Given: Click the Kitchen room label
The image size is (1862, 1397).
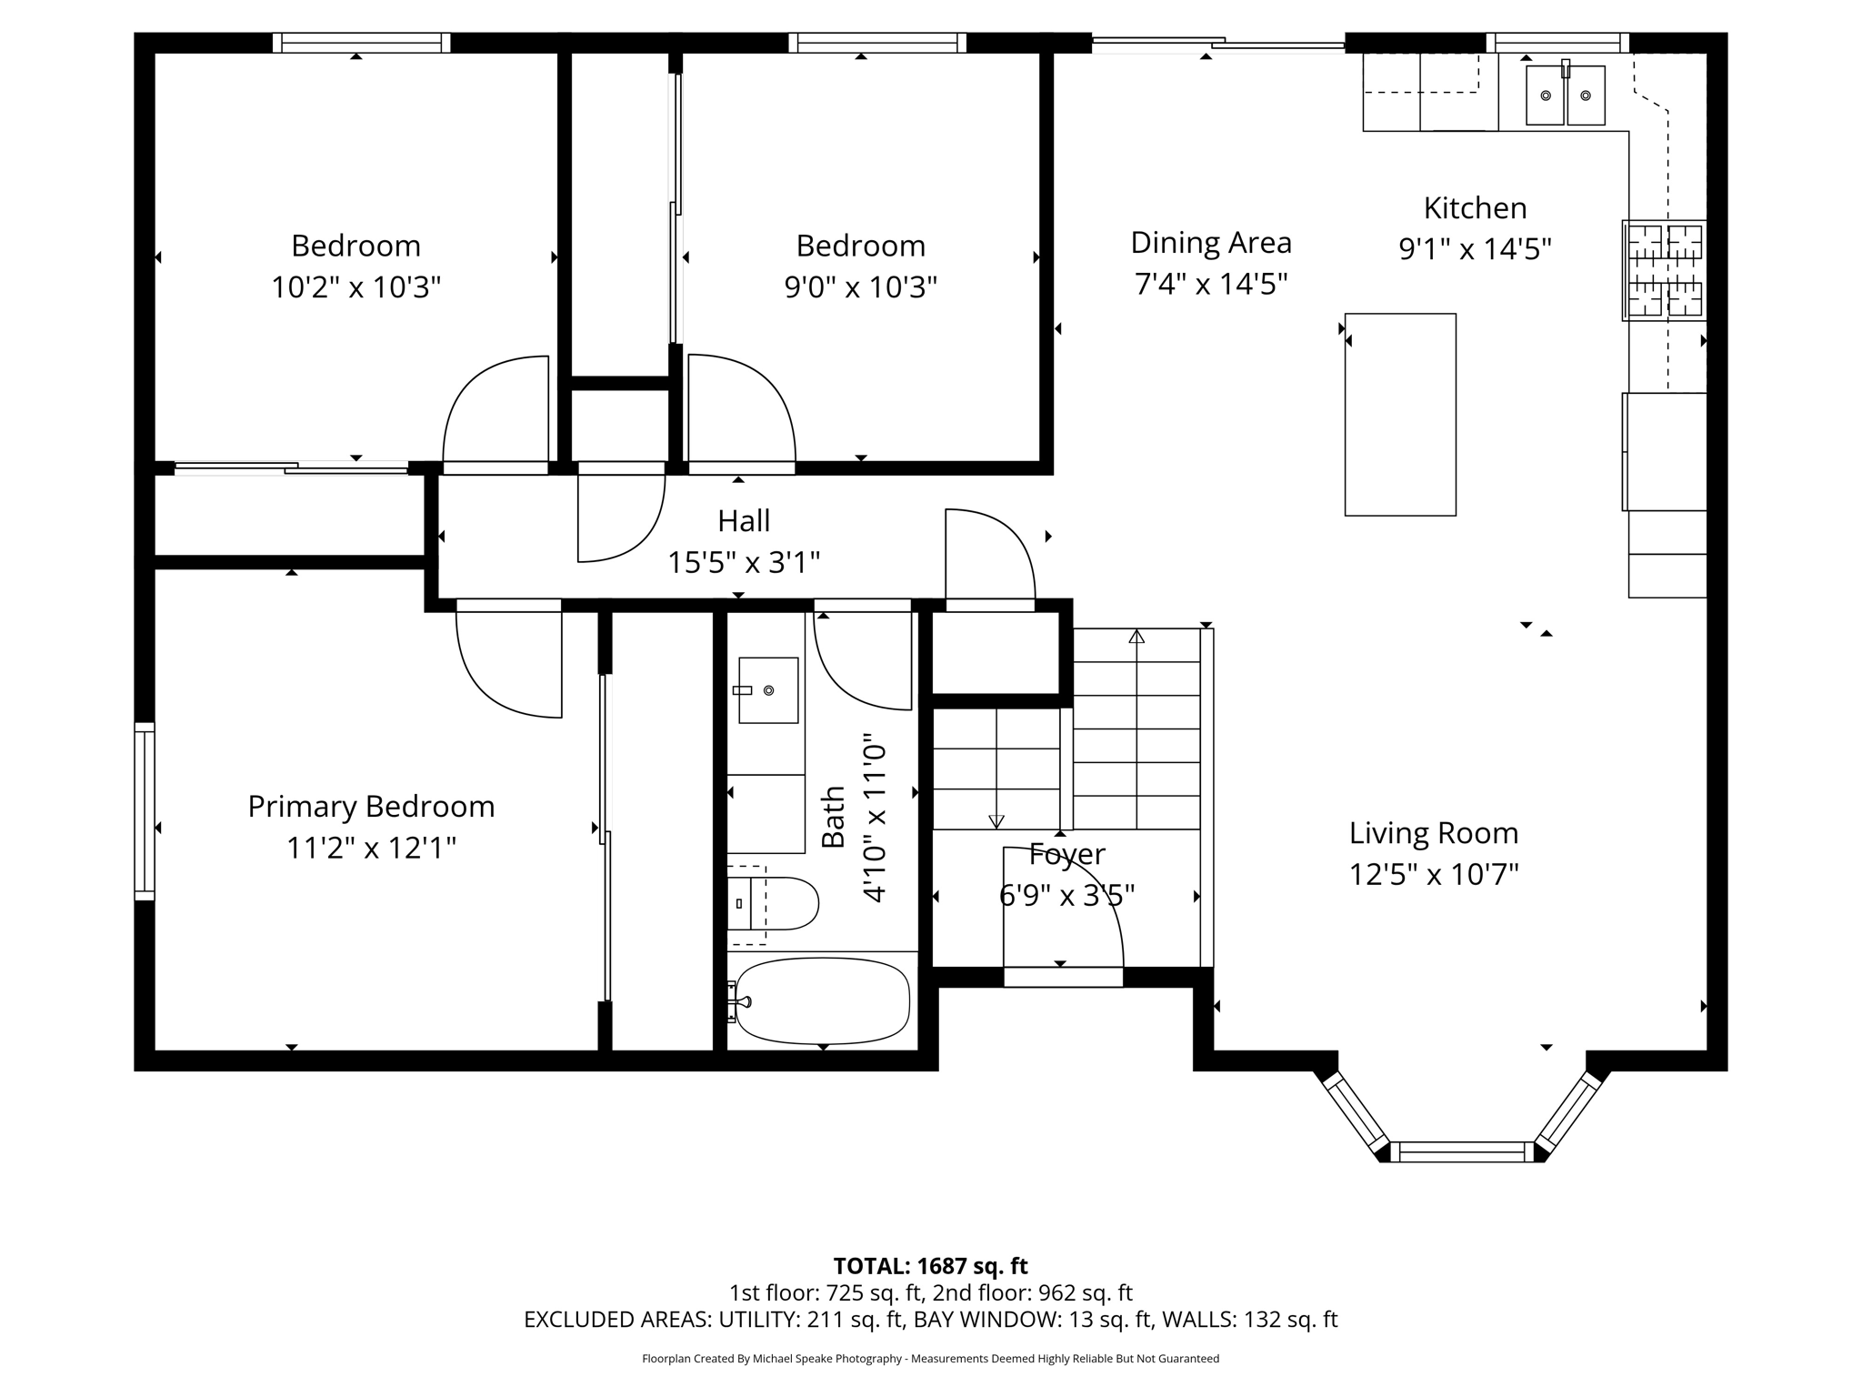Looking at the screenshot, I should (1475, 208).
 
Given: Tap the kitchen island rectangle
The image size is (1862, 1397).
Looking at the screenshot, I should (1400, 415).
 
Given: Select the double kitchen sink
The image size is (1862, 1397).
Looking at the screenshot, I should (1565, 95).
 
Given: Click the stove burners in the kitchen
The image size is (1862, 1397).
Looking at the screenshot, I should (1664, 270).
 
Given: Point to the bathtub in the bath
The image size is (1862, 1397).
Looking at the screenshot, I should (822, 1000).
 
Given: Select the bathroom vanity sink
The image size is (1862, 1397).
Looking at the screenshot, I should (767, 690).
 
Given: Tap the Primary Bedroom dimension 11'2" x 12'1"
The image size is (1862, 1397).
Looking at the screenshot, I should (371, 849).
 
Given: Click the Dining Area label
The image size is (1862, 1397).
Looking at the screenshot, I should (1210, 243).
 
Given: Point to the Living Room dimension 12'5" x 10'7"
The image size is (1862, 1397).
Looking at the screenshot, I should (1434, 875).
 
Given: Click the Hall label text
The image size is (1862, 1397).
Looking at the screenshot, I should (744, 521).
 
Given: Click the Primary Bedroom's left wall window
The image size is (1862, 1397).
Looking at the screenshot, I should (145, 810).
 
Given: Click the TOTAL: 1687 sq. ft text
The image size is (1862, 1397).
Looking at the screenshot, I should (930, 1266).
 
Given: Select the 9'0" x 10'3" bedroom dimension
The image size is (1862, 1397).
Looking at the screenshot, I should (860, 287).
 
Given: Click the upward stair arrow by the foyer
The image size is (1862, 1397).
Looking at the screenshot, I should (1136, 637).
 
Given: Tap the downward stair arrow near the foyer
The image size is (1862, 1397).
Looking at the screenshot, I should (996, 820).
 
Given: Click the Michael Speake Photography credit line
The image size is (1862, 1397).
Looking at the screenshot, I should (930, 1359).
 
